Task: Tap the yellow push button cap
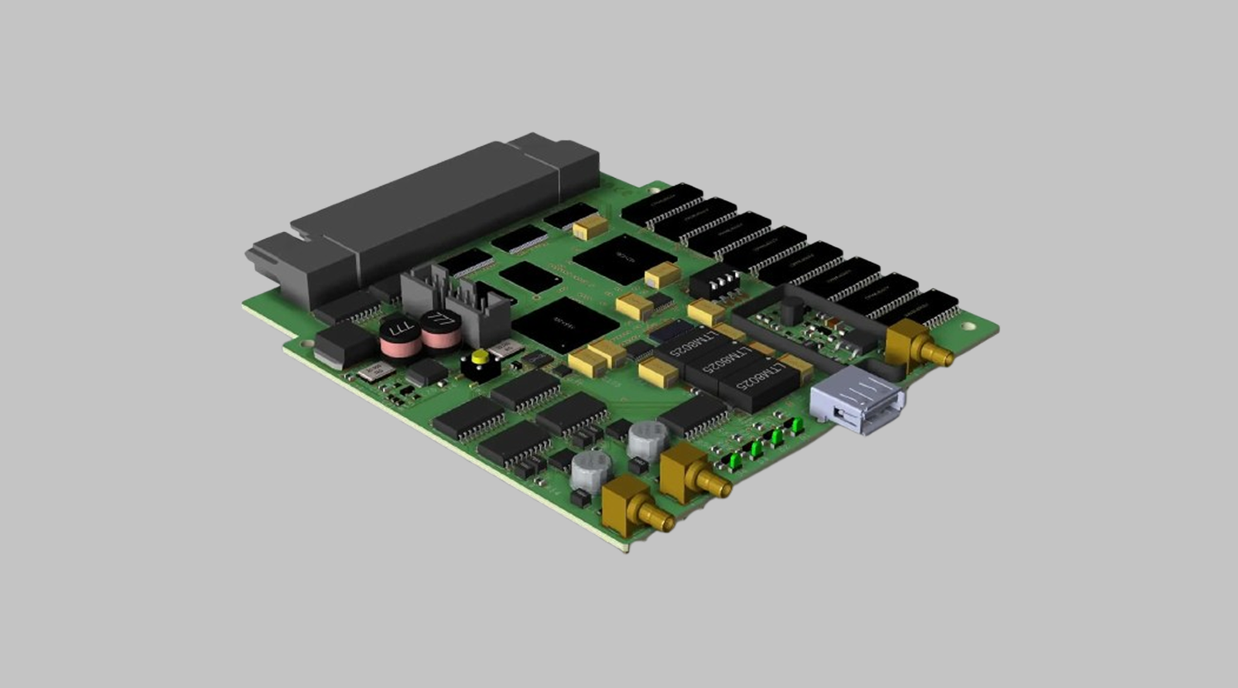(x=480, y=357)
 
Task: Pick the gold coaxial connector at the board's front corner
(x=634, y=506)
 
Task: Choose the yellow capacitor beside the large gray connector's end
(x=590, y=226)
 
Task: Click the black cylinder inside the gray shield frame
(x=791, y=311)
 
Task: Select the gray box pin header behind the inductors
(x=457, y=301)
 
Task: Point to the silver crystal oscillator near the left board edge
(x=375, y=372)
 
